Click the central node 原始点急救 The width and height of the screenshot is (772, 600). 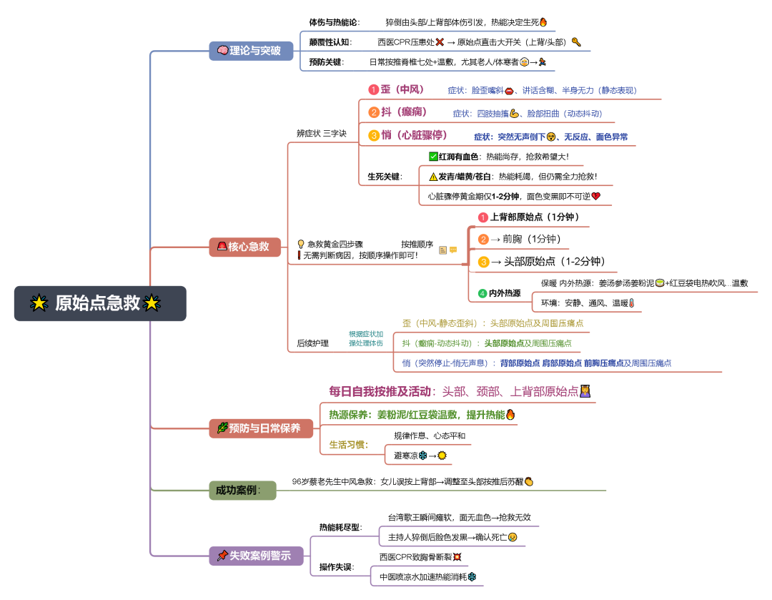(x=100, y=303)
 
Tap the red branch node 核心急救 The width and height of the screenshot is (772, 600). (x=244, y=247)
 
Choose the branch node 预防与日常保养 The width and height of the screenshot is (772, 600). (x=261, y=428)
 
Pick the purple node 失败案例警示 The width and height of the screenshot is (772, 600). (x=256, y=556)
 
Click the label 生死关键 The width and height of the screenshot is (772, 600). (x=385, y=176)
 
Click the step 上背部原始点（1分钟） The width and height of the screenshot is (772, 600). (x=534, y=217)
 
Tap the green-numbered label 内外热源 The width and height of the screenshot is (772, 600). (x=504, y=293)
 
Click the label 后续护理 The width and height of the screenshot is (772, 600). (x=313, y=343)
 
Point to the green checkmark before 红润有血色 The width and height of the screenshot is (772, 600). (x=433, y=157)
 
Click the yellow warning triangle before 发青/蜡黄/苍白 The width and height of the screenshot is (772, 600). (x=433, y=176)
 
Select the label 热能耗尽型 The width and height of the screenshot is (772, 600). (x=340, y=527)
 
